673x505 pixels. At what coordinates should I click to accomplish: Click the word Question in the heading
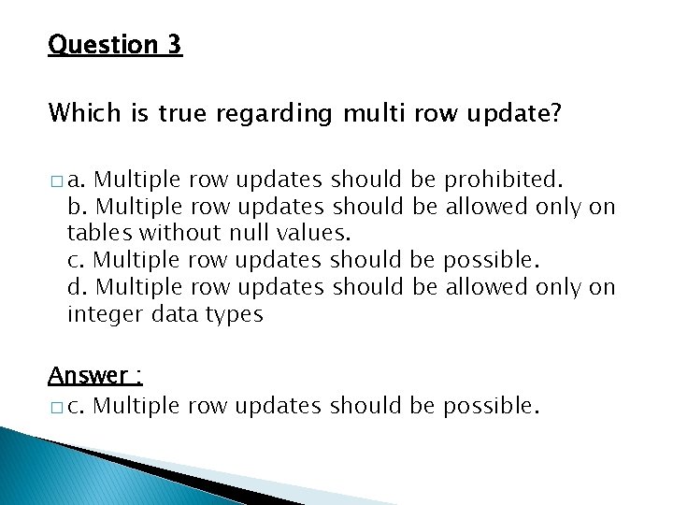[x=103, y=45]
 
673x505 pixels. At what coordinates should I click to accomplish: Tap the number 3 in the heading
[x=175, y=44]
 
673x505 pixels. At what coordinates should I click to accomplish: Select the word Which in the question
[x=79, y=113]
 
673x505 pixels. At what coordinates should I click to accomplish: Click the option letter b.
[x=78, y=206]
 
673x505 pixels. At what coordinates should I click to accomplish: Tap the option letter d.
[x=78, y=286]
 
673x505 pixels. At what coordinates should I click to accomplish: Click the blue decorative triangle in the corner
[x=56, y=468]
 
